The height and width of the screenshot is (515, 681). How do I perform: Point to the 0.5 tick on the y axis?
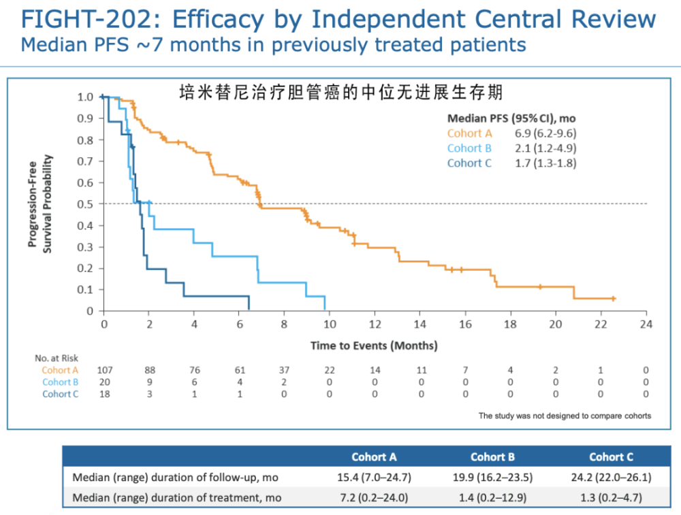[x=86, y=204]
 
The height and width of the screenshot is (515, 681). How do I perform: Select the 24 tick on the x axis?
[x=646, y=325]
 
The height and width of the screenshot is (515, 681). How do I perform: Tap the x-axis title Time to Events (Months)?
[x=374, y=346]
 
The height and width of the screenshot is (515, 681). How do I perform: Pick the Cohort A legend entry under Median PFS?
[x=469, y=133]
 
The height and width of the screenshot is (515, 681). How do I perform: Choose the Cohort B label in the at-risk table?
[x=60, y=382]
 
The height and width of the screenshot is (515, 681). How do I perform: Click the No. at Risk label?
[x=57, y=358]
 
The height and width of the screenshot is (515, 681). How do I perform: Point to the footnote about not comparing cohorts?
[x=565, y=416]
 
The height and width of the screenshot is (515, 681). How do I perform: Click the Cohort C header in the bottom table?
[x=611, y=457]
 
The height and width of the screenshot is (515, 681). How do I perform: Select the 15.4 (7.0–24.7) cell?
[x=373, y=477]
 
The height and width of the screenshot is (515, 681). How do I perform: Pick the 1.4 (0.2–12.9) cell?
[x=492, y=498]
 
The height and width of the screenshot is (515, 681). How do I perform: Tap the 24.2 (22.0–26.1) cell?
[x=611, y=477]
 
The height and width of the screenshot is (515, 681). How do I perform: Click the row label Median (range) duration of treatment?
[x=177, y=498]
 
